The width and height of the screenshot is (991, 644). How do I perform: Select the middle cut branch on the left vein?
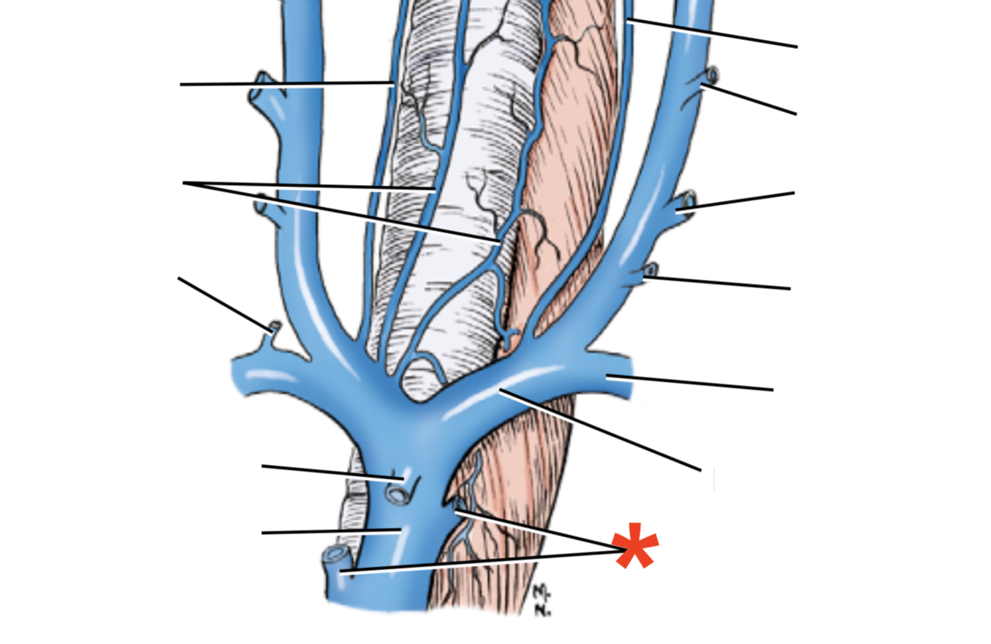(261, 201)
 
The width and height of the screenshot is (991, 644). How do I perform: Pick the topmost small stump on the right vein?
(712, 74)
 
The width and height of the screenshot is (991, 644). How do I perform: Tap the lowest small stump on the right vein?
(652, 270)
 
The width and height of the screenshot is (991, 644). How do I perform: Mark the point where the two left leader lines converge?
(185, 183)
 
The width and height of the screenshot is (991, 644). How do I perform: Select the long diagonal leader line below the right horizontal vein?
(602, 429)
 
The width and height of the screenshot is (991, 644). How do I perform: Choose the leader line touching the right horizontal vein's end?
(691, 383)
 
